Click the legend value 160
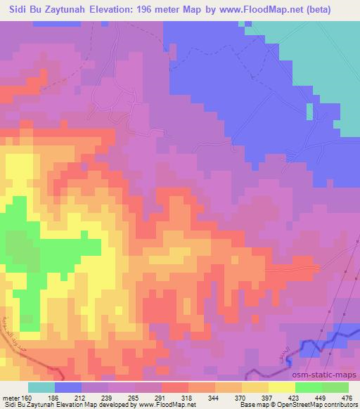coord(26,397)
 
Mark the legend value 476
coord(345,397)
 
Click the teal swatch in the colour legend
coord(41,387)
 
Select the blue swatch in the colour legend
coord(68,387)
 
